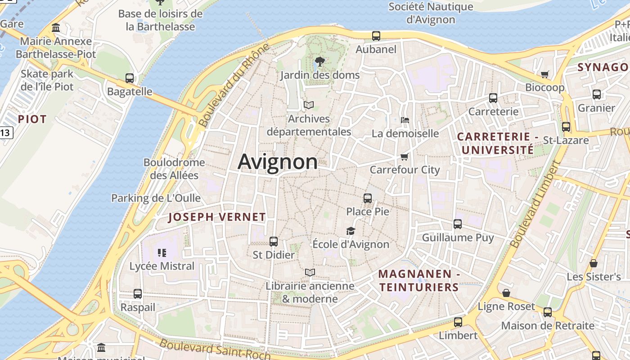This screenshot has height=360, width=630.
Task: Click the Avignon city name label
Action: (278, 162)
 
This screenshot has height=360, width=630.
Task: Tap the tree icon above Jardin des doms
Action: (320, 62)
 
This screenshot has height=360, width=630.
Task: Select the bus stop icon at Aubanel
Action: (376, 36)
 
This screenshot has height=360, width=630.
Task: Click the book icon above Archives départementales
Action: (309, 105)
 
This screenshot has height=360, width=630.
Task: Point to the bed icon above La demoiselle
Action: (405, 120)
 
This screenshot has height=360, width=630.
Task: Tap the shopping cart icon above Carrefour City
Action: (404, 157)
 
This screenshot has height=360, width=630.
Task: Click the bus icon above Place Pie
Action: (368, 198)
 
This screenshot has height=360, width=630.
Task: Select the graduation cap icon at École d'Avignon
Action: (351, 231)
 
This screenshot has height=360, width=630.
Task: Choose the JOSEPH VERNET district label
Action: (217, 217)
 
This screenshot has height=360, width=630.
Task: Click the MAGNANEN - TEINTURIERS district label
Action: (418, 280)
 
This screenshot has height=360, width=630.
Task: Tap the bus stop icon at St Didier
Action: (273, 242)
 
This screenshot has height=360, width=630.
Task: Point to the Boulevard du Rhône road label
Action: (234, 85)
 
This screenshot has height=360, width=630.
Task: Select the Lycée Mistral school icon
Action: (162, 253)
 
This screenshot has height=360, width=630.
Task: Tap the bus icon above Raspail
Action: (138, 294)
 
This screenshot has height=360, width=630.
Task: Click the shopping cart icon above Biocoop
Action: (545, 74)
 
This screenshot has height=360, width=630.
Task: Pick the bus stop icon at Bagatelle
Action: (130, 78)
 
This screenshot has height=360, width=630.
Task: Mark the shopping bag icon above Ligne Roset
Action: (506, 293)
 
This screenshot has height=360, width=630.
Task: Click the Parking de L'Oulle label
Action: (156, 198)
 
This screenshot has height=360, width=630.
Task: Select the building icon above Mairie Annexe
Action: (56, 28)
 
